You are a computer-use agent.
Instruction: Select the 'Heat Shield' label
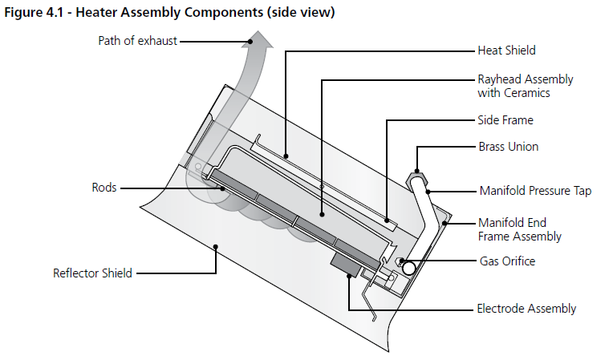coord(506,51)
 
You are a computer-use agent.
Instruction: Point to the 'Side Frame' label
coord(505,120)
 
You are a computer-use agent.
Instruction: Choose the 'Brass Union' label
coord(508,148)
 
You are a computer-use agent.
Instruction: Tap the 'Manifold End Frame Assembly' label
coord(519,229)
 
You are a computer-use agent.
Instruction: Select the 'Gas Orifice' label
coord(507,261)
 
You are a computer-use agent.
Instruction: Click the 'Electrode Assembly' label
coord(526,309)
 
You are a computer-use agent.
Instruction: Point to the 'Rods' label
coord(104,188)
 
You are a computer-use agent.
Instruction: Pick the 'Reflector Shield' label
coord(92,273)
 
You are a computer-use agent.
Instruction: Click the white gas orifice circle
coord(408,268)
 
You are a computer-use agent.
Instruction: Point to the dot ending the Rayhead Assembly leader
coord(322,215)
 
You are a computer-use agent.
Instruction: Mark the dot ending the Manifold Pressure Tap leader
coord(428,192)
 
